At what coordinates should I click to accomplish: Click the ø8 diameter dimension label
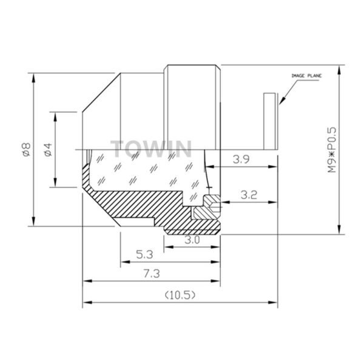(27, 150)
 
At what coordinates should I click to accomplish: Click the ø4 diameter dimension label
(49, 150)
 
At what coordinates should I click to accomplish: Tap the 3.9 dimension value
(241, 159)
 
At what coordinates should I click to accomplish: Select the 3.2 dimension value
(249, 195)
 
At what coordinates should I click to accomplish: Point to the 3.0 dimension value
(192, 240)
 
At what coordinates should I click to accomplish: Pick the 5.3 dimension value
(144, 255)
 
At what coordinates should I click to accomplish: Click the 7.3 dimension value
(152, 274)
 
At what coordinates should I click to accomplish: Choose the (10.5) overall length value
(180, 295)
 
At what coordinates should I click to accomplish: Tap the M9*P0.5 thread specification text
(332, 150)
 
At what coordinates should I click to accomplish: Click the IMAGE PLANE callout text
(306, 76)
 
